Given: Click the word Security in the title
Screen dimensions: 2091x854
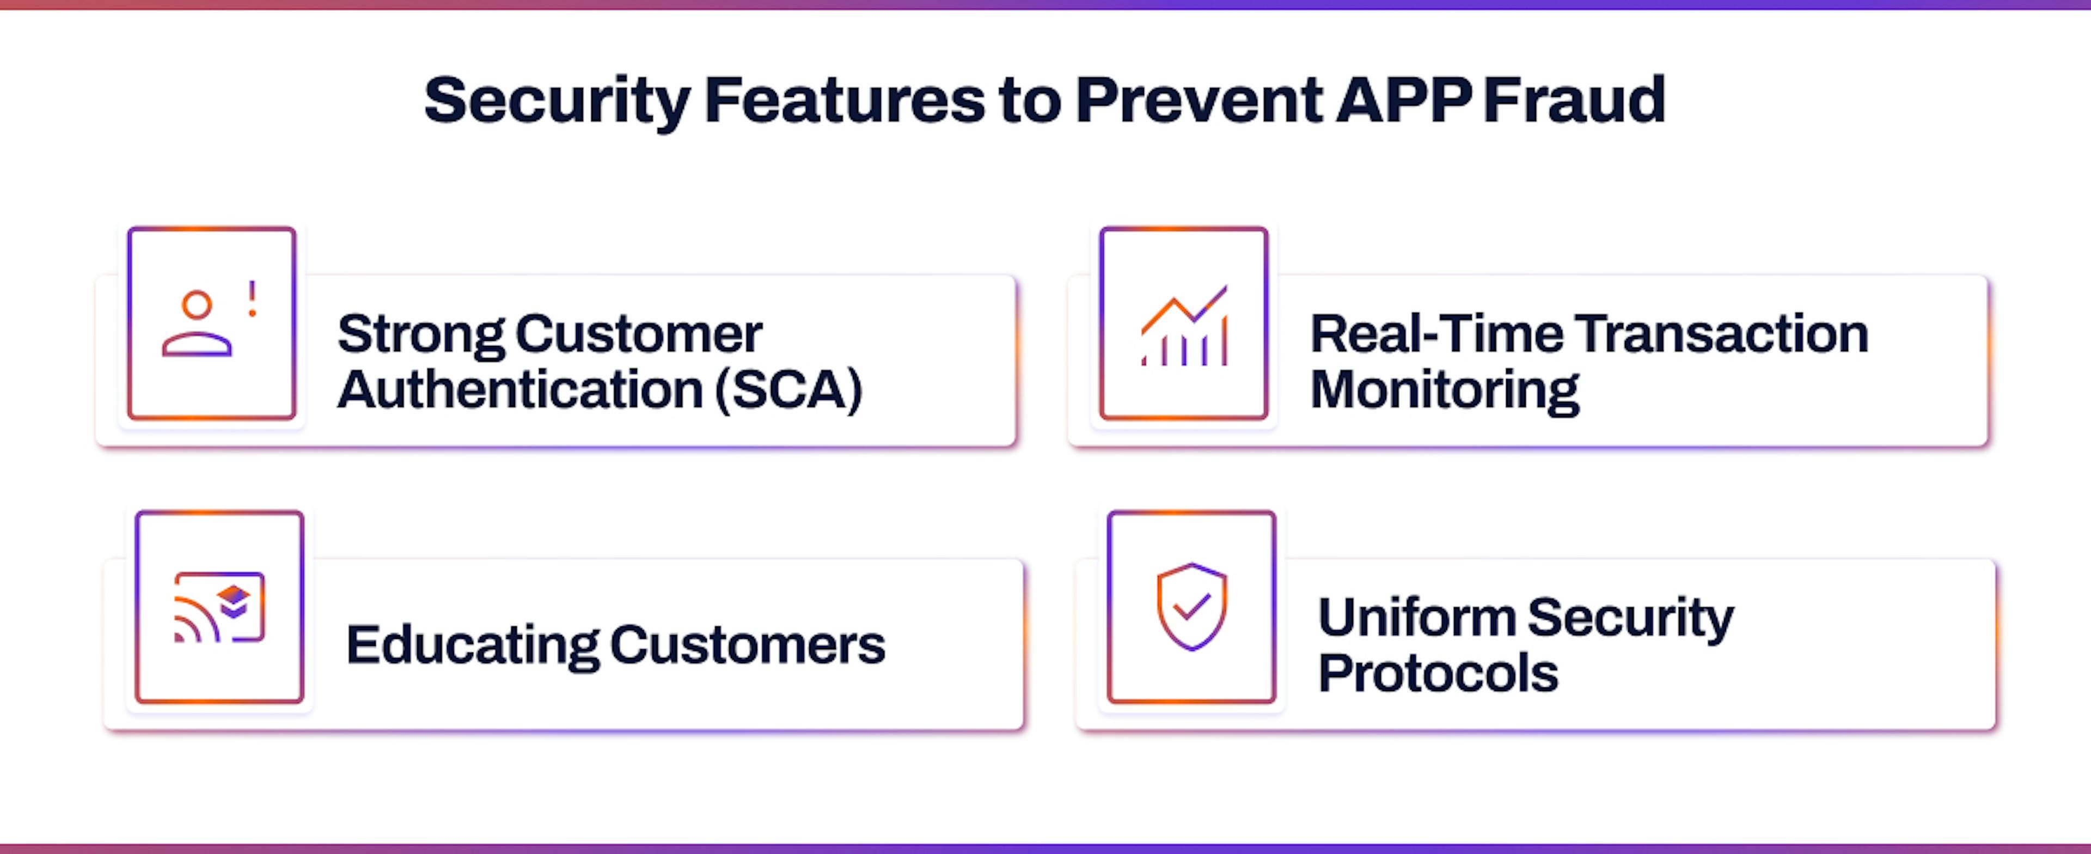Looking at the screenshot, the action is pyautogui.click(x=557, y=101).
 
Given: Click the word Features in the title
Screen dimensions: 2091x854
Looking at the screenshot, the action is pyautogui.click(x=844, y=100).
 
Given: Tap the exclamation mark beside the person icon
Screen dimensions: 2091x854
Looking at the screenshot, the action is pyautogui.click(x=253, y=299).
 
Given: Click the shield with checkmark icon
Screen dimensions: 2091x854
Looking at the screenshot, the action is pyautogui.click(x=1191, y=606).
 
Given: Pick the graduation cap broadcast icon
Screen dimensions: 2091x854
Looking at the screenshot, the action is pyautogui.click(x=219, y=607).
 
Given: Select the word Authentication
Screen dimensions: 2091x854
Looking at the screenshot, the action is pyautogui.click(x=519, y=389).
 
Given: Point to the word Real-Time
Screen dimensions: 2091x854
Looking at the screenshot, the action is pyautogui.click(x=1436, y=334).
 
